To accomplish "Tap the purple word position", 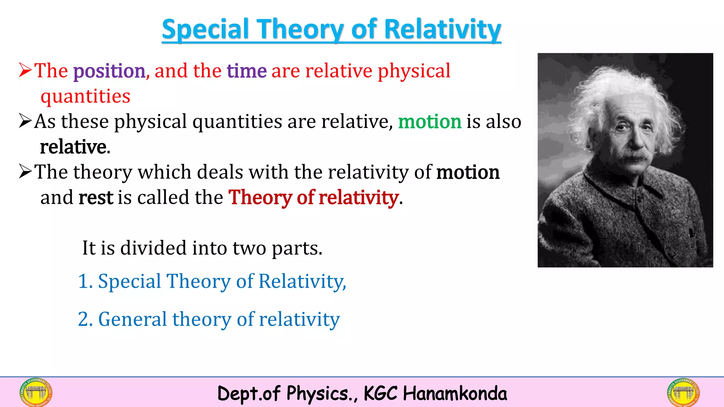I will pyautogui.click(x=109, y=71).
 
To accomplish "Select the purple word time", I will pyautogui.click(x=246, y=71).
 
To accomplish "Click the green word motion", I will pyautogui.click(x=430, y=122).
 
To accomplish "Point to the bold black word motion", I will pyautogui.click(x=468, y=172).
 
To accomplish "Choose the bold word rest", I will pyautogui.click(x=95, y=197).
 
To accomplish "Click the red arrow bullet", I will pyautogui.click(x=25, y=70).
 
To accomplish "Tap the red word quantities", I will pyautogui.click(x=85, y=96).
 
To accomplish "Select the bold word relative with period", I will pyautogui.click(x=75, y=147).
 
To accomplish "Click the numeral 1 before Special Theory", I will pyautogui.click(x=83, y=281).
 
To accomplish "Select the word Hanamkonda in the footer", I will pyautogui.click(x=455, y=394).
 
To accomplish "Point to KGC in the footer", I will pyautogui.click(x=380, y=394).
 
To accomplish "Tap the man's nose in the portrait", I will pyautogui.click(x=635, y=141).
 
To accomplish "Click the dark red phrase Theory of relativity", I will pyautogui.click(x=314, y=197).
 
